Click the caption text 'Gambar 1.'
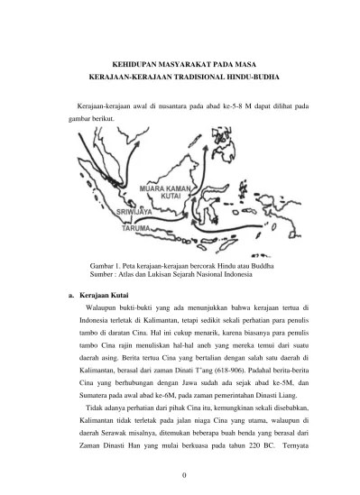click(106, 266)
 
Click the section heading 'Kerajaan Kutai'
click(106, 295)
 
